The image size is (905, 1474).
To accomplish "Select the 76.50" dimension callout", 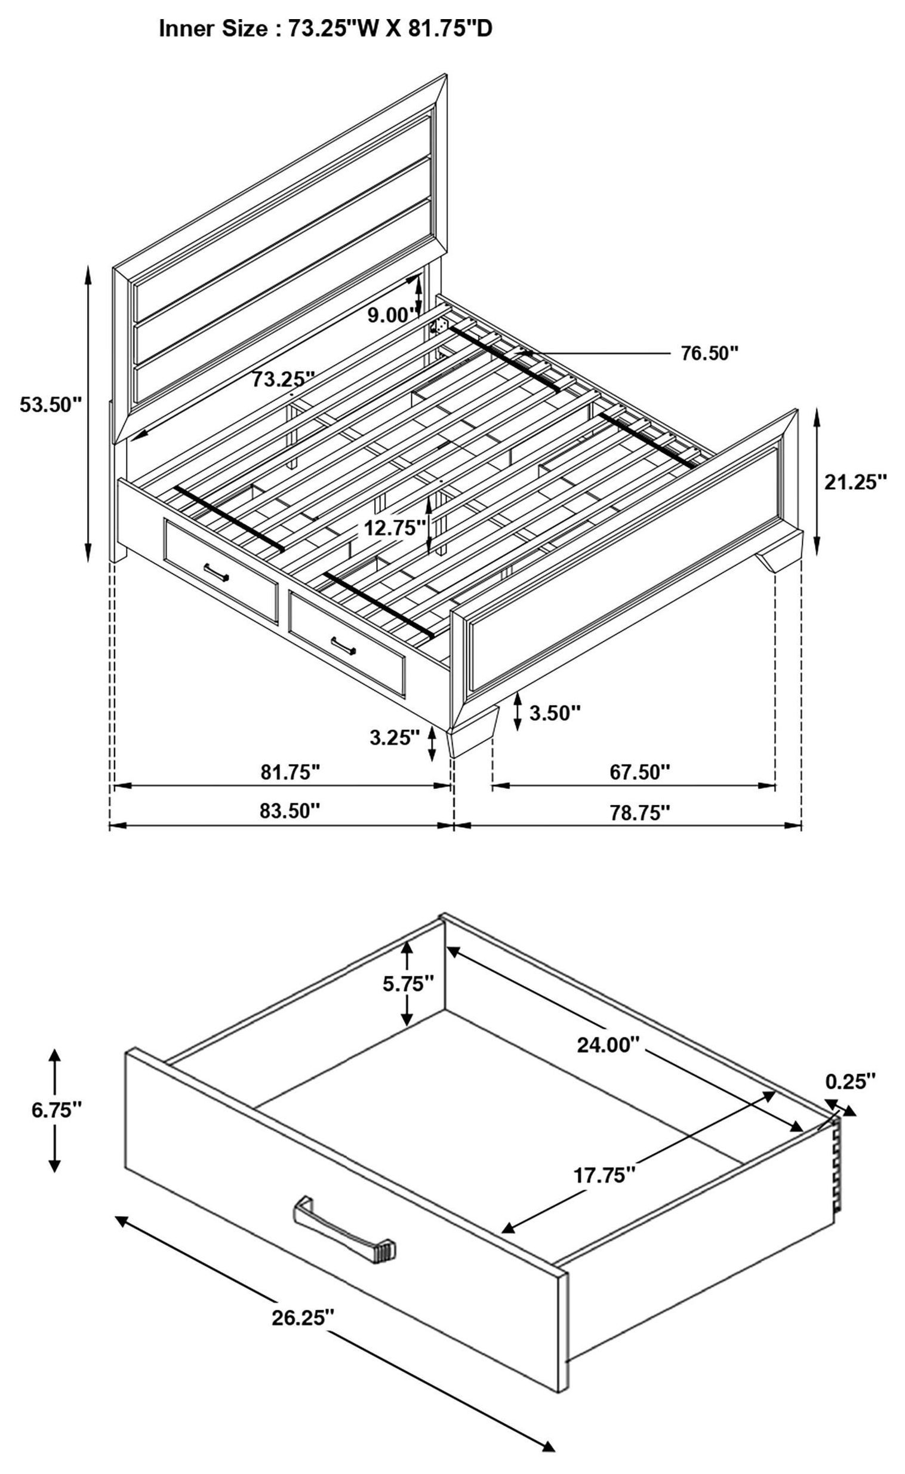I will click(x=710, y=353).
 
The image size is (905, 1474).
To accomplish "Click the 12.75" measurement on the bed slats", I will click(x=395, y=527).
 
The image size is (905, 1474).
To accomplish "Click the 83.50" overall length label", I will click(x=290, y=811).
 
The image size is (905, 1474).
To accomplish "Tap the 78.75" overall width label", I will click(x=639, y=812).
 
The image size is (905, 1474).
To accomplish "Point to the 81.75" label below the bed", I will click(x=290, y=772).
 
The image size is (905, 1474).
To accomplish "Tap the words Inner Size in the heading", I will click(x=213, y=29).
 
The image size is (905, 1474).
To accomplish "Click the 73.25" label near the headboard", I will click(x=283, y=379).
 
